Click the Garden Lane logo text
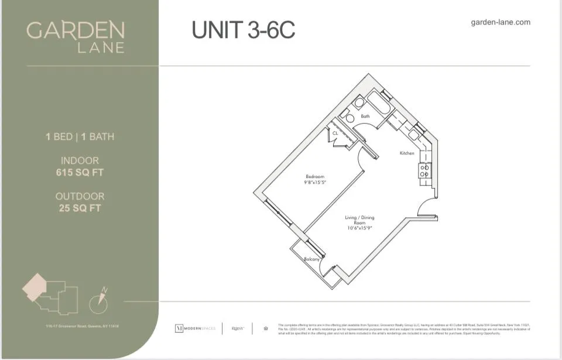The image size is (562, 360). point(76,36)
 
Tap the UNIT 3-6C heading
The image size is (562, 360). point(244,30)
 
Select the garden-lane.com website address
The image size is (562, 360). point(500,22)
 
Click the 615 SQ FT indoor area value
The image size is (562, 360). point(80,172)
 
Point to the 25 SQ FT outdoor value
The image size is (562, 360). point(80,208)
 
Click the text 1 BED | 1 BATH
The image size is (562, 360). point(80,137)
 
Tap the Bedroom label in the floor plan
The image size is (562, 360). point(314,176)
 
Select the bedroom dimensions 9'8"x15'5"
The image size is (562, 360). point(314,182)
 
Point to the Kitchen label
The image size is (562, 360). point(407,153)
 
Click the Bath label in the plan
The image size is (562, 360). point(365,116)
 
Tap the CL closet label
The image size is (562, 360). point(335,133)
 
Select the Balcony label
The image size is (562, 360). point(311,259)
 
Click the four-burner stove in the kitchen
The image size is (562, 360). point(424,171)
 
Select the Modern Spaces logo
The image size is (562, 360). point(195,328)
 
